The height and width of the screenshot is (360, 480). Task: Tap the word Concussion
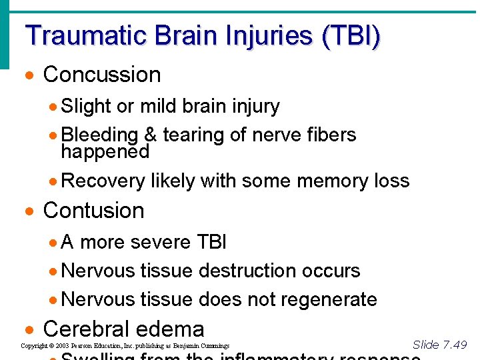102,75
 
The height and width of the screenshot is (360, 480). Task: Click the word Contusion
93,211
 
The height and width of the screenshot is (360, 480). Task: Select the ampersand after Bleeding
150,135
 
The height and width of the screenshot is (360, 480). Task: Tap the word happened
105,151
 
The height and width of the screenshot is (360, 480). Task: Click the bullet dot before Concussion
29,75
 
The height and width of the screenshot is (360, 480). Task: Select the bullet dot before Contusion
29,211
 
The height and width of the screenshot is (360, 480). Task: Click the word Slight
86,106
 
